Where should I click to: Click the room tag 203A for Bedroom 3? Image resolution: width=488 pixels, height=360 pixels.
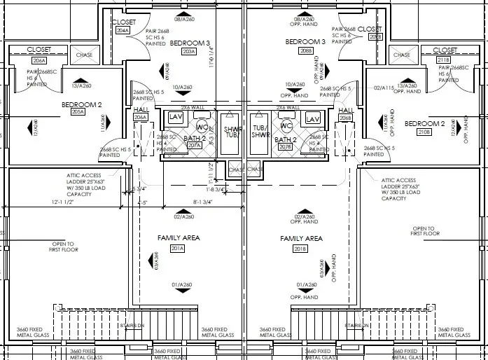(188, 51)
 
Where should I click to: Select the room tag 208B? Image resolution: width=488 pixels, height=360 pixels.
(305, 51)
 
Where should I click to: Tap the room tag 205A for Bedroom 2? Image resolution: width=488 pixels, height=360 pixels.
(77, 112)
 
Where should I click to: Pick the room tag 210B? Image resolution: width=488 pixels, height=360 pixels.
(424, 132)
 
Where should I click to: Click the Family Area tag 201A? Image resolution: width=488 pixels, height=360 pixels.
(176, 248)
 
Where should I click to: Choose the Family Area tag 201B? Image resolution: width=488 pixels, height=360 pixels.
(301, 249)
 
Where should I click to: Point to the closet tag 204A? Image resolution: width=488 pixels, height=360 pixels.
(123, 32)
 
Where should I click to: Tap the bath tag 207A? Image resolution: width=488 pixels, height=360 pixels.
(184, 146)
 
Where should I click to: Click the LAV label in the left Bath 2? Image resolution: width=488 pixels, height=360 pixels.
(176, 116)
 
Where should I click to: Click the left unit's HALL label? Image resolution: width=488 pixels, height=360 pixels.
(140, 109)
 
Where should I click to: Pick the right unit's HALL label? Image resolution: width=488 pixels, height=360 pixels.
(345, 110)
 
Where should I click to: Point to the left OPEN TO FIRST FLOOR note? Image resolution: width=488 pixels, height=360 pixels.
(64, 247)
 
